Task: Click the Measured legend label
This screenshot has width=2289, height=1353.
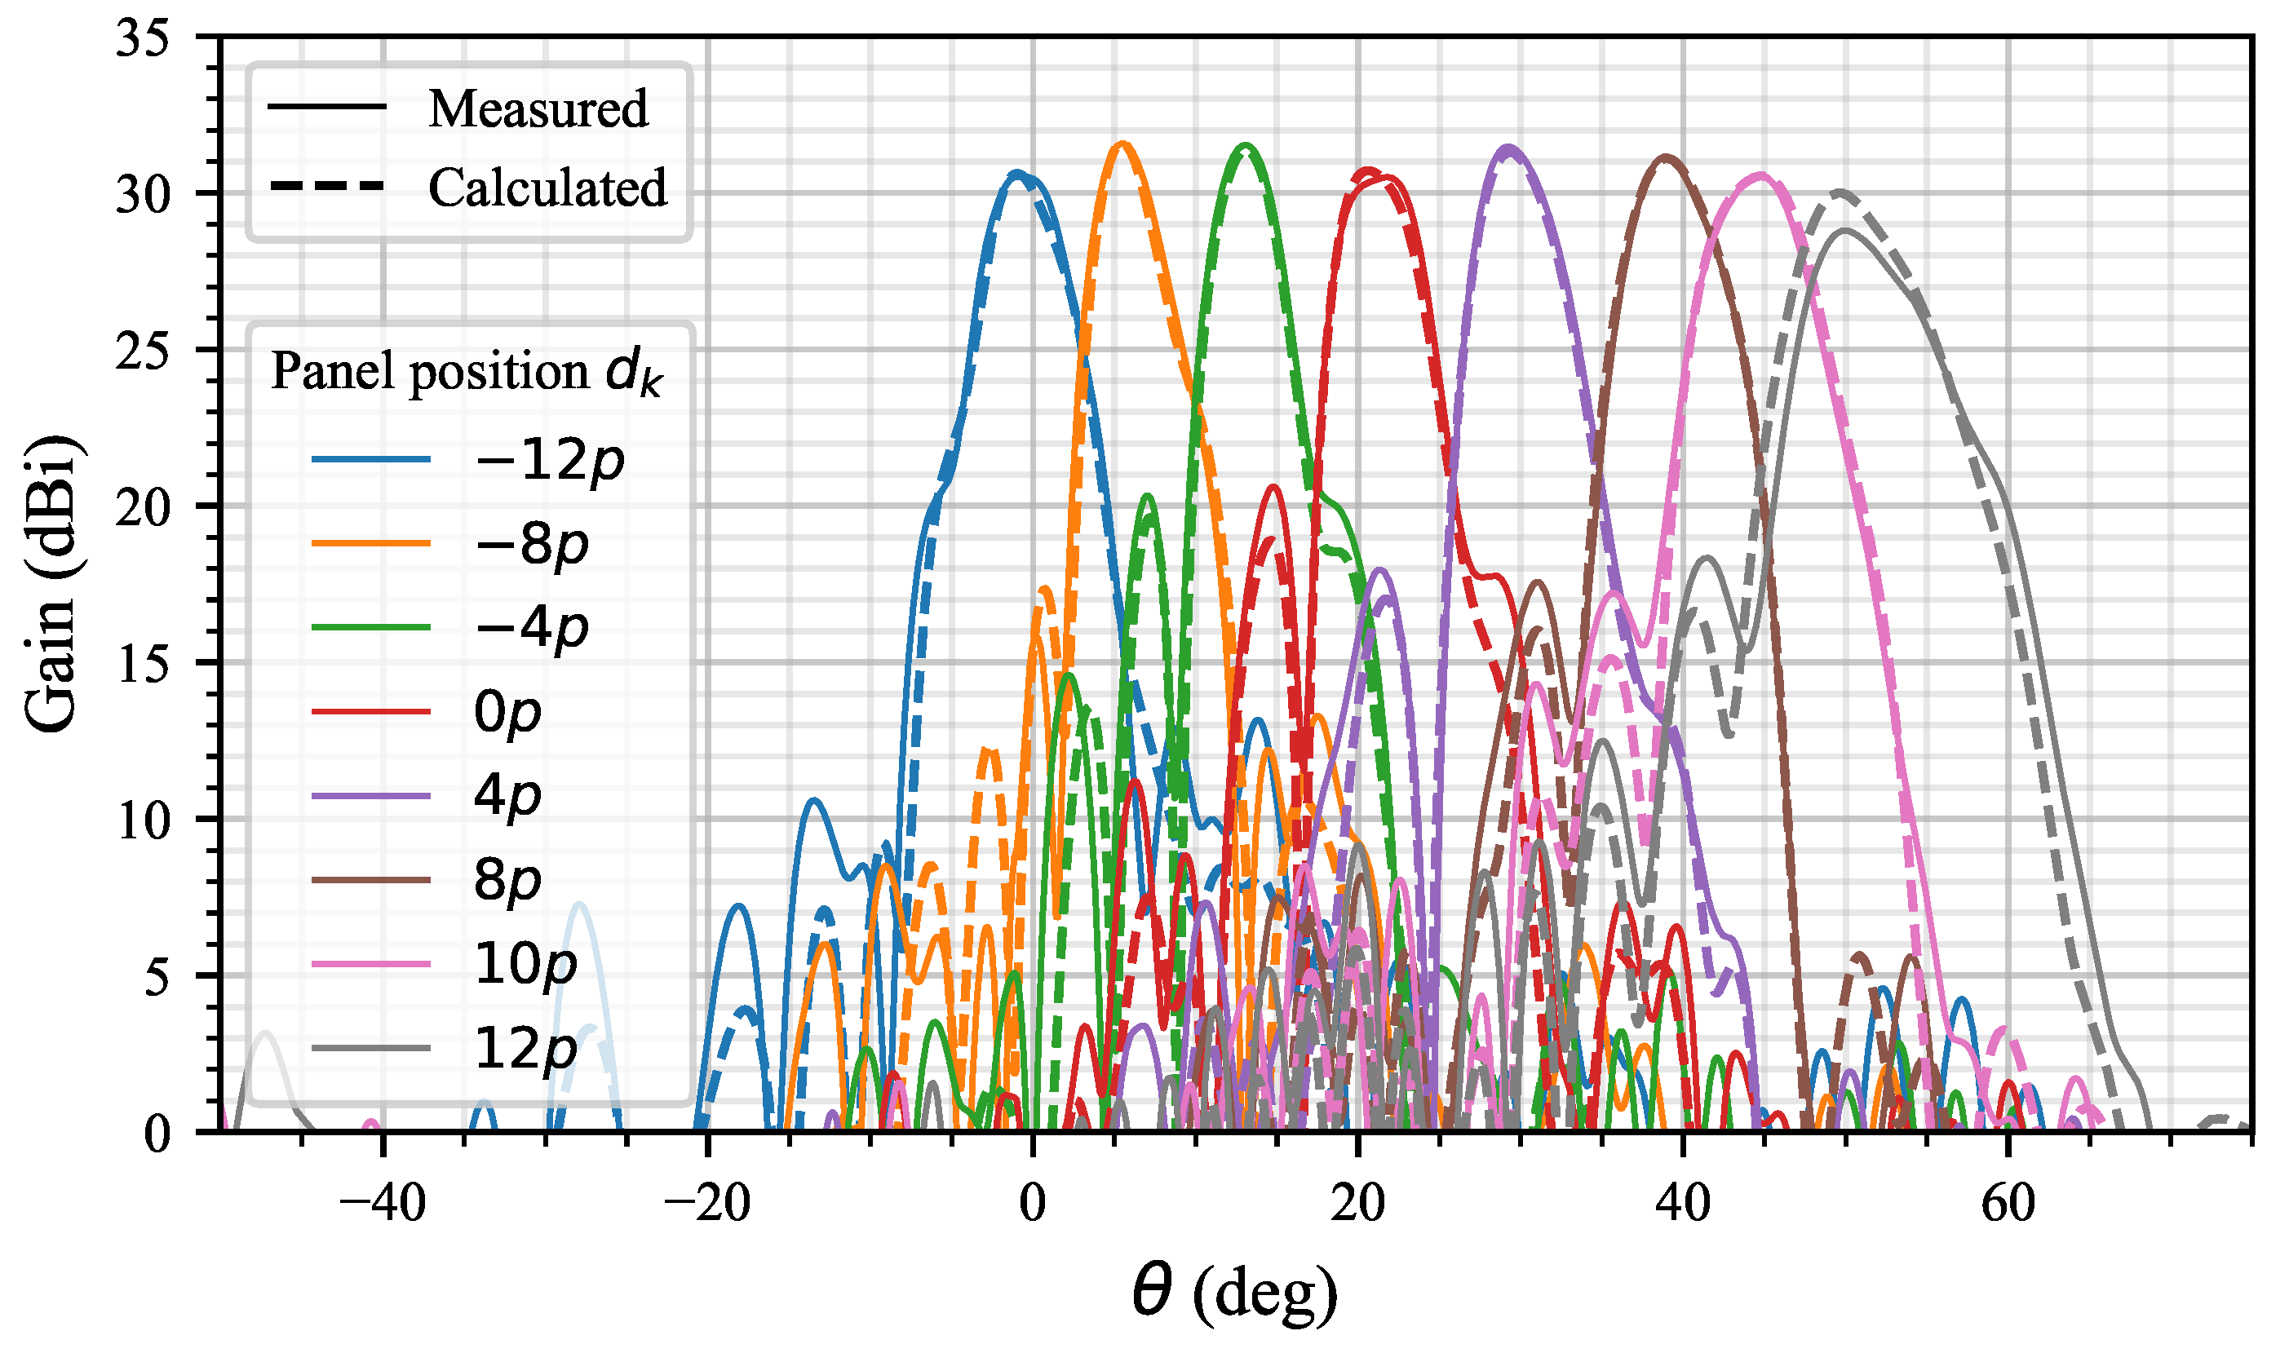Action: click(x=538, y=109)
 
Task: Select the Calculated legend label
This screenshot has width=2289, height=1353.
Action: click(x=547, y=188)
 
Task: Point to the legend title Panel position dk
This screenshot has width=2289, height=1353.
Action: click(x=466, y=372)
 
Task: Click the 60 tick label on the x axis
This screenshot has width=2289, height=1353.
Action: click(x=2008, y=1204)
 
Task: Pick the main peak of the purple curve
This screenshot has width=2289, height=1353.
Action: click(x=1509, y=148)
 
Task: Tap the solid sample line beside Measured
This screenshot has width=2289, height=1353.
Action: click(x=326, y=108)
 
